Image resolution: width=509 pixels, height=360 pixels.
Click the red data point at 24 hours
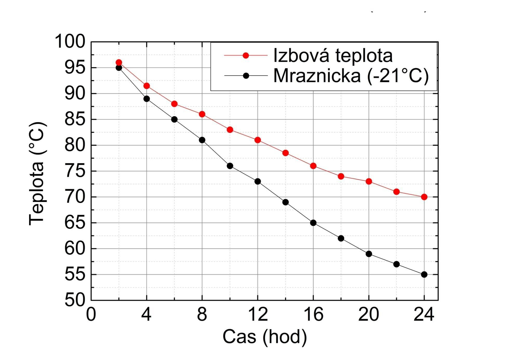[x=424, y=197]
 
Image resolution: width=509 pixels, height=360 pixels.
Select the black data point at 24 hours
[x=424, y=274]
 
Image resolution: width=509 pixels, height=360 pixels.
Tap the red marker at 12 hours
[x=258, y=140]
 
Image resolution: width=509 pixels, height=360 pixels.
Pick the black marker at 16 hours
[x=313, y=223]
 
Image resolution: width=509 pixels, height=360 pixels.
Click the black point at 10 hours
[x=230, y=166]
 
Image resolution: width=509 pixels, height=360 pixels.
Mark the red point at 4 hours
[x=146, y=86]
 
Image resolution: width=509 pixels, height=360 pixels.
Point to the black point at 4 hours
[x=146, y=99]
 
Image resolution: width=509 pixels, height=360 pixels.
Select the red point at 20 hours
[x=369, y=181]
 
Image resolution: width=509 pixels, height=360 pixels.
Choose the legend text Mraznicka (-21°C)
[x=351, y=76]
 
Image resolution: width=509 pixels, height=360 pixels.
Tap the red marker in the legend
[x=246, y=55]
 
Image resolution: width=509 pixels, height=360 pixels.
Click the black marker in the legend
[x=246, y=76]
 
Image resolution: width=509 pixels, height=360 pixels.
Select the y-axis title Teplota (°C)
[x=37, y=173]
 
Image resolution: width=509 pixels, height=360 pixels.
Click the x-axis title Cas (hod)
[x=265, y=337]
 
